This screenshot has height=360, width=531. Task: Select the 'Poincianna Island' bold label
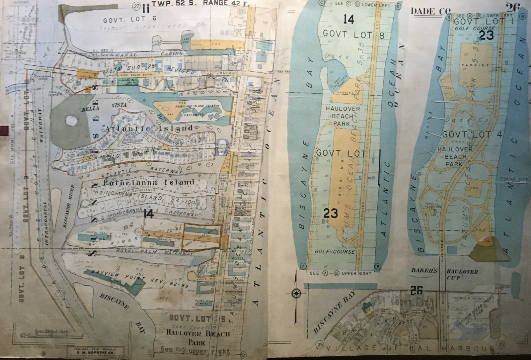(x=149, y=182)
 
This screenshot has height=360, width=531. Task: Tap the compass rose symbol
(x=295, y=293)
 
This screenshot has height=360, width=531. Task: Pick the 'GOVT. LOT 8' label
(x=353, y=34)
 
